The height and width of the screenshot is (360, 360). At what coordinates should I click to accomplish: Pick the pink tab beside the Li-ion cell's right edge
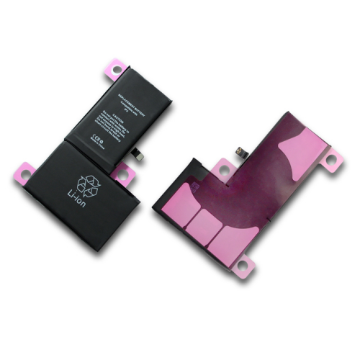pos(123,172)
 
